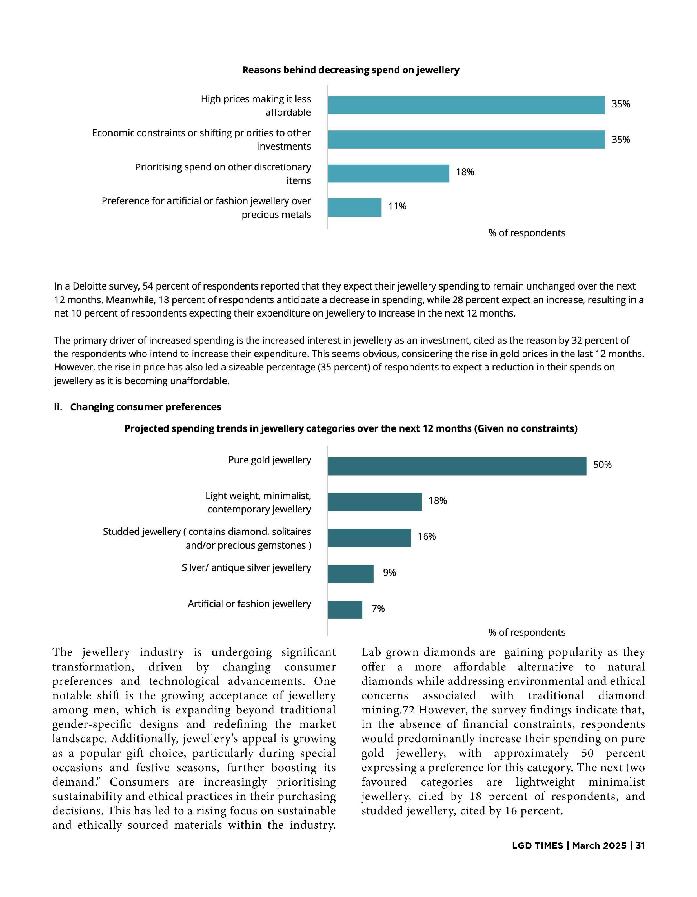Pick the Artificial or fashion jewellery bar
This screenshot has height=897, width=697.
[x=345, y=609]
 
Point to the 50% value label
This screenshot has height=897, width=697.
[x=602, y=465]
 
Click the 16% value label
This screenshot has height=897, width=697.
[x=427, y=537]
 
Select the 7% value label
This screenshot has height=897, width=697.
[x=378, y=609]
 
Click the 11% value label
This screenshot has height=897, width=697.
[x=397, y=206]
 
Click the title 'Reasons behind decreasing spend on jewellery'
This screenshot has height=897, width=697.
[x=350, y=70]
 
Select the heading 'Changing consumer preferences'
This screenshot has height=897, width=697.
[x=145, y=407]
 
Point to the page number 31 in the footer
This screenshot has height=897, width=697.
[x=640, y=846]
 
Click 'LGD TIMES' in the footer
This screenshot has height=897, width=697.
[x=537, y=846]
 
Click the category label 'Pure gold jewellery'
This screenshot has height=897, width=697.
[x=269, y=460]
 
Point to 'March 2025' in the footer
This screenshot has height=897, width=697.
[x=599, y=846]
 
